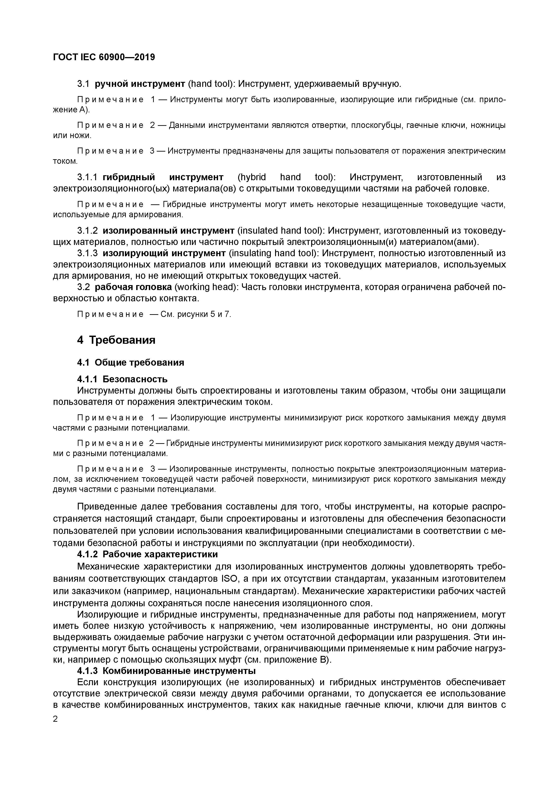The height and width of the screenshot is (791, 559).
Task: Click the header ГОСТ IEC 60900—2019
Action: pyautogui.click(x=104, y=57)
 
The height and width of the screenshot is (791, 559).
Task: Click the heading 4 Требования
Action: pyautogui.click(x=116, y=340)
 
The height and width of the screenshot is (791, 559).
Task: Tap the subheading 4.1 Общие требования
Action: pyautogui.click(x=131, y=362)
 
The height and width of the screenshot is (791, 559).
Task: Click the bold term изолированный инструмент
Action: pyautogui.click(x=168, y=231)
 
